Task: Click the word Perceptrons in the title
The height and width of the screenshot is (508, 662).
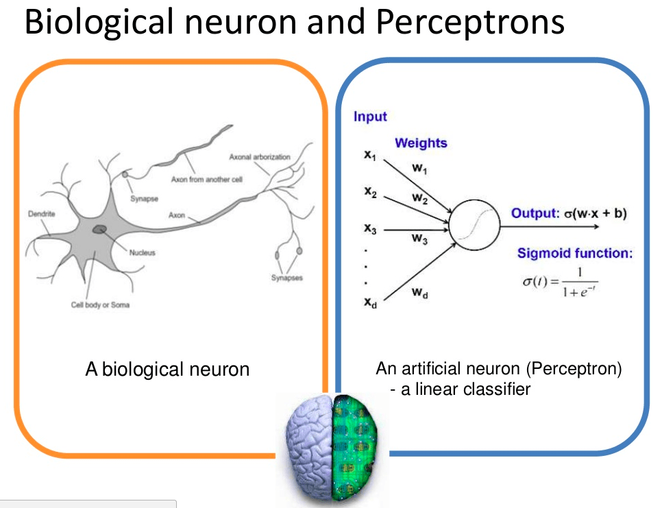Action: click(x=469, y=22)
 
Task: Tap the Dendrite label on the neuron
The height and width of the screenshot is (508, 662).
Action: click(x=41, y=214)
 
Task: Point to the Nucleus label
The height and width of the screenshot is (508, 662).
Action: click(x=143, y=252)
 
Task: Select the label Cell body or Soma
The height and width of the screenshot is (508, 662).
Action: click(x=100, y=305)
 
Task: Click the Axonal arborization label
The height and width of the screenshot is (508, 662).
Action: click(x=260, y=157)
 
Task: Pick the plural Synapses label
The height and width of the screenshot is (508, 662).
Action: click(x=287, y=278)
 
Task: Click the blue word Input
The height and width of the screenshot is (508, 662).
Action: click(x=370, y=117)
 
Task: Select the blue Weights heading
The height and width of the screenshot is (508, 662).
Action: click(x=421, y=143)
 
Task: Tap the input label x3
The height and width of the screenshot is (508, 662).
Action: click(x=370, y=229)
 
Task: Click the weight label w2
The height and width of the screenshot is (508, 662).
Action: click(x=420, y=198)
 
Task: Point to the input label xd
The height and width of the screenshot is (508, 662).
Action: click(x=370, y=302)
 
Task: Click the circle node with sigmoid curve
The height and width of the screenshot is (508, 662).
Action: click(x=472, y=223)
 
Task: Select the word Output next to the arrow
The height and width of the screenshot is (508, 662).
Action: click(x=535, y=213)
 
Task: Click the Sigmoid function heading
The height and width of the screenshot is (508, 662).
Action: click(x=574, y=254)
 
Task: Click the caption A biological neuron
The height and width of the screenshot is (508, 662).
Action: click(x=167, y=370)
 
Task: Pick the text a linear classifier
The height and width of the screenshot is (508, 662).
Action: click(x=465, y=389)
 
